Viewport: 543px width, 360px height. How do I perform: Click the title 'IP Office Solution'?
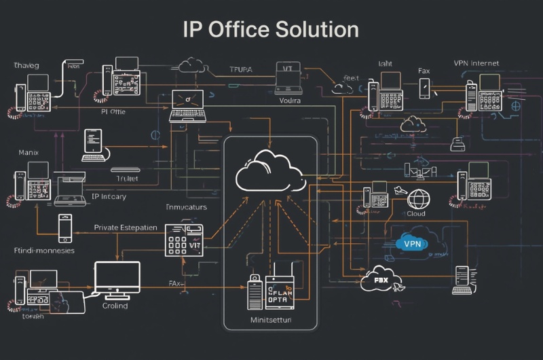click(271, 30)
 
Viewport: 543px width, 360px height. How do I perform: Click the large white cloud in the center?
click(270, 172)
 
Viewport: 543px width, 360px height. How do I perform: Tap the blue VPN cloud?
click(413, 243)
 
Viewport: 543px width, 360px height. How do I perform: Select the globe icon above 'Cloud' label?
click(419, 198)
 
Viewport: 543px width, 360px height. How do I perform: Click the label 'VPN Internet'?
click(476, 63)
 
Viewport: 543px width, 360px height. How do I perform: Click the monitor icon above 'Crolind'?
click(117, 278)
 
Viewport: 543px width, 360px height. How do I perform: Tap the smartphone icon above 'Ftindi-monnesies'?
click(64, 228)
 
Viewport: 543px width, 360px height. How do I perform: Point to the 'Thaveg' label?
click(26, 65)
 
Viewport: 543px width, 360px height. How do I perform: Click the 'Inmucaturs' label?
click(186, 207)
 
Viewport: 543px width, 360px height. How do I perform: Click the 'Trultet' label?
click(126, 180)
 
